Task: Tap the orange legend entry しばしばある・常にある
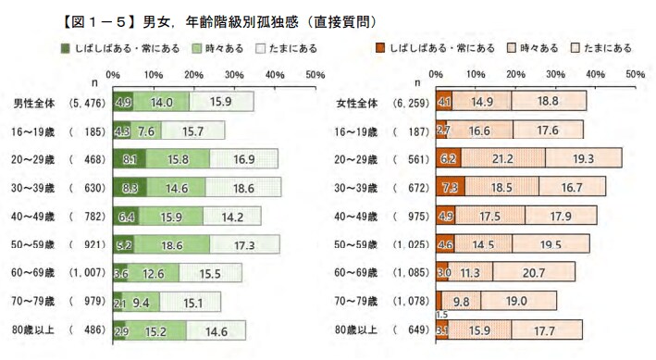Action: [435, 47]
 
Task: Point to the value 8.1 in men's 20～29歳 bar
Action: [129, 159]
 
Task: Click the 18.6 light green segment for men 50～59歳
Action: [170, 244]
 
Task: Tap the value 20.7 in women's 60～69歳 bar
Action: [531, 273]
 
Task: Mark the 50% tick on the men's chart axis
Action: [314, 72]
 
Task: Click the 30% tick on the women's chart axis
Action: [554, 72]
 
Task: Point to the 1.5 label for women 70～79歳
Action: [442, 315]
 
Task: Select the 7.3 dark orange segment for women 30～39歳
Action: [450, 188]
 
